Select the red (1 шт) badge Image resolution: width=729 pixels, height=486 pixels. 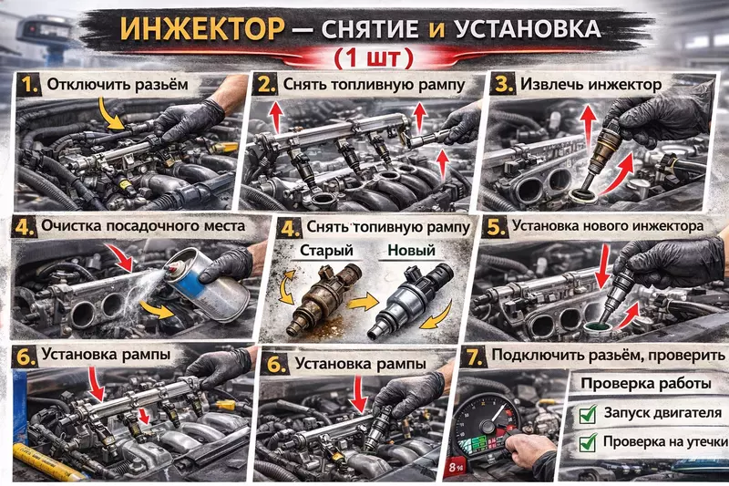click(373, 57)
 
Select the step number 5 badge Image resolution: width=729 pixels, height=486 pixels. click(496, 224)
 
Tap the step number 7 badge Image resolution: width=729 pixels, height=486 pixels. click(472, 355)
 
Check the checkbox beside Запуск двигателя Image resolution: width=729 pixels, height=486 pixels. click(588, 414)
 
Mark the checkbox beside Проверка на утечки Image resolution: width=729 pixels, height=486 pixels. click(588, 443)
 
